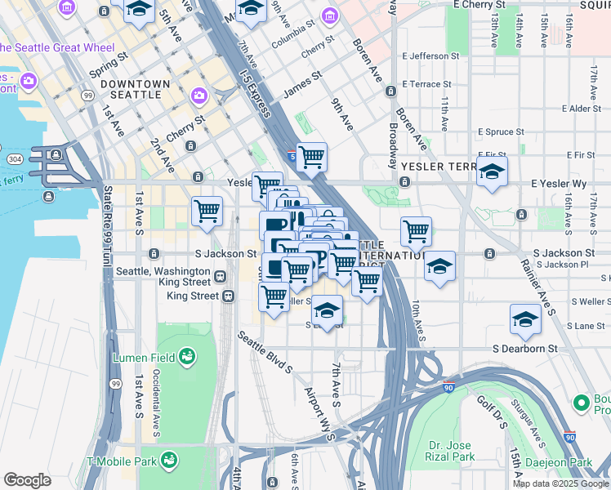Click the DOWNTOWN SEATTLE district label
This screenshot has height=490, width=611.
(x=135, y=89)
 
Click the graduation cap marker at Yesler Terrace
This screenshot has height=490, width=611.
(x=491, y=172)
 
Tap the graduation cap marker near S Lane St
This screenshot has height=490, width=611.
(x=525, y=320)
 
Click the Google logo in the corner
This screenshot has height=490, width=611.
(x=27, y=481)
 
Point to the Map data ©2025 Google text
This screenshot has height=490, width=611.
(x=560, y=483)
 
